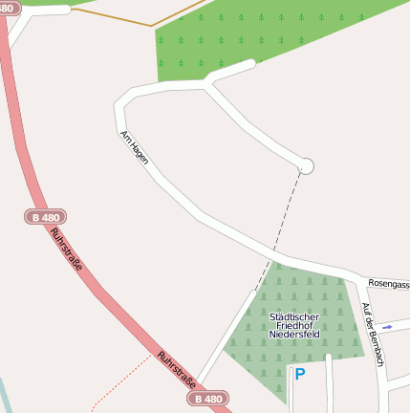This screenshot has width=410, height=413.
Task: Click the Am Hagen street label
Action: coord(135,148)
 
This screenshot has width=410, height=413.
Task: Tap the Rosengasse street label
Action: coord(389,284)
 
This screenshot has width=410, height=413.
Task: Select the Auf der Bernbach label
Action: coord(373,335)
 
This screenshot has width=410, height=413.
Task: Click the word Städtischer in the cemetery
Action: coord(294,316)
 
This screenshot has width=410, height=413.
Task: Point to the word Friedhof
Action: coord(294,326)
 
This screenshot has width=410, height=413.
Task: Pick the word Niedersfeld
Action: coord(294,336)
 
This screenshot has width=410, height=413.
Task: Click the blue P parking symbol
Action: coord(299,375)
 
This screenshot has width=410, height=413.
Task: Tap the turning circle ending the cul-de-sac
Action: coord(306,166)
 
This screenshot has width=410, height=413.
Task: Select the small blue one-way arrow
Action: coord(387,326)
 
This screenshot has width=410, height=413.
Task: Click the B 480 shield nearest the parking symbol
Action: coord(208,398)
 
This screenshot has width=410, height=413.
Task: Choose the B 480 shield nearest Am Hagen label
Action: coord(45,218)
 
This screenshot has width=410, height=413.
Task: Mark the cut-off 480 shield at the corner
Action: coord(9,7)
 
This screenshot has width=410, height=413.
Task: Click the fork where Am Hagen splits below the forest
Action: coord(206,85)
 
